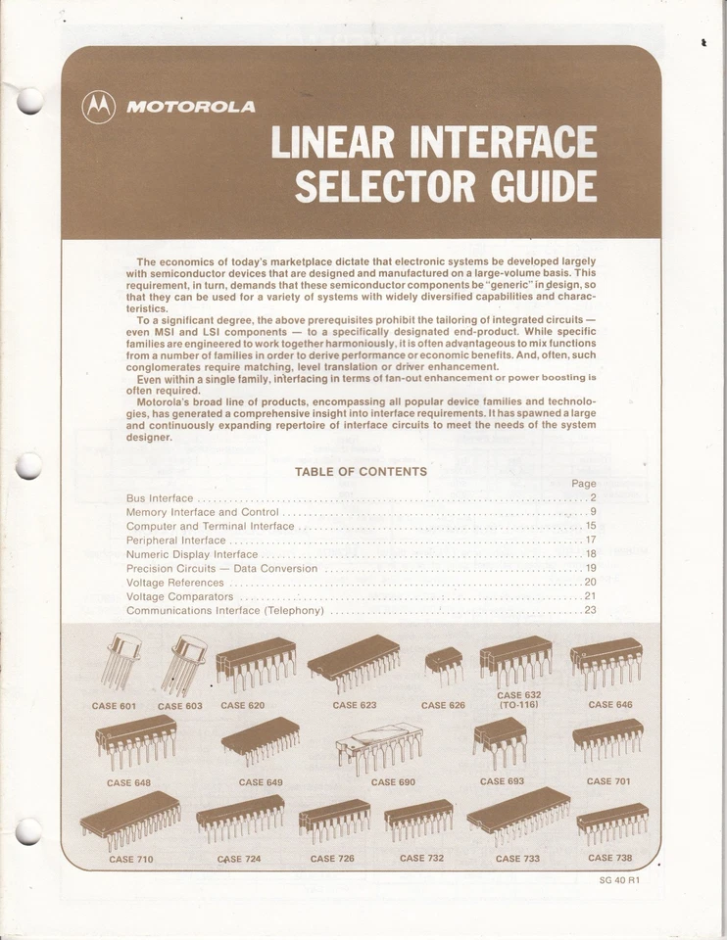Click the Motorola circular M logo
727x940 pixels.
point(99,106)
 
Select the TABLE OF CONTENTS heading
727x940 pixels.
point(361,472)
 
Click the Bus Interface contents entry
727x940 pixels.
point(160,498)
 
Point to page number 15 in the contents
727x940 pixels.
point(590,526)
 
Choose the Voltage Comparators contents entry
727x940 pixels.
point(180,596)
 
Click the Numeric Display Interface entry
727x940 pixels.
point(192,554)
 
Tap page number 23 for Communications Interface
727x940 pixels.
point(590,610)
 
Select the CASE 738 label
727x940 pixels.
point(608,858)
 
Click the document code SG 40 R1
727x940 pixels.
point(619,879)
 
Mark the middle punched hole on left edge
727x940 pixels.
point(29,467)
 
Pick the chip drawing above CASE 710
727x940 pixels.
point(130,819)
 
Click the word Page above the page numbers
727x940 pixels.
point(583,484)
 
